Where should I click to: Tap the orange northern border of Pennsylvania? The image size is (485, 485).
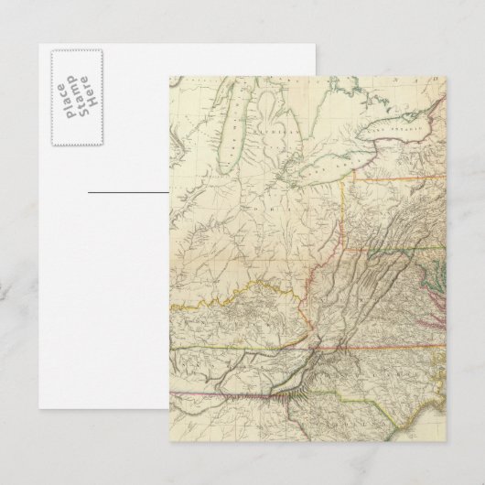click(x=393, y=180)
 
